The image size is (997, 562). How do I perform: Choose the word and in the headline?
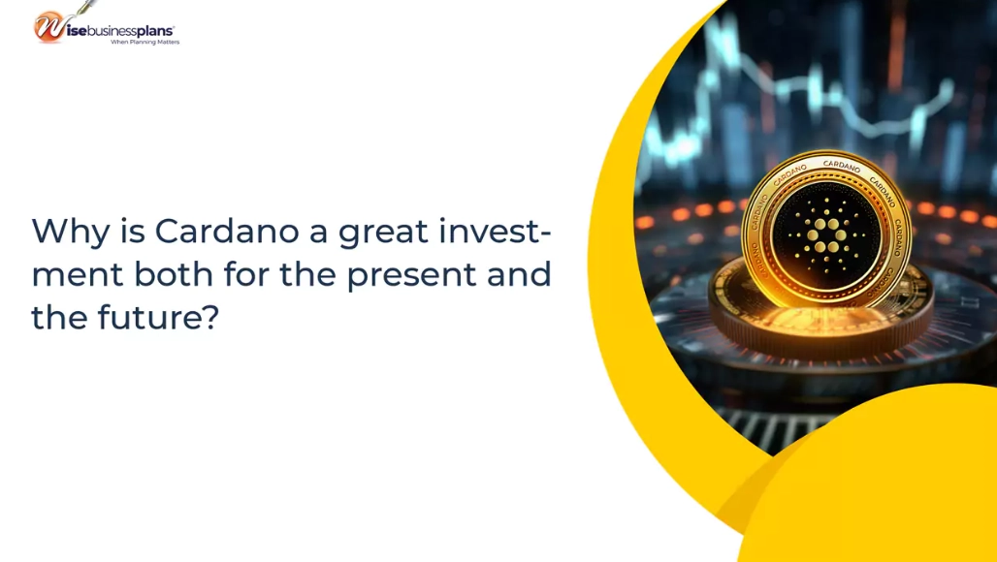pos(521,274)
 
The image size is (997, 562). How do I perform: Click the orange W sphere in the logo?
pos(48,27)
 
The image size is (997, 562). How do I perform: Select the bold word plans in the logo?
pos(150,31)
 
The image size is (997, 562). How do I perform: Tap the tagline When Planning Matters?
pos(145,43)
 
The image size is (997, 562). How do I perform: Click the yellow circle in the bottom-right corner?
pos(892,484)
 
